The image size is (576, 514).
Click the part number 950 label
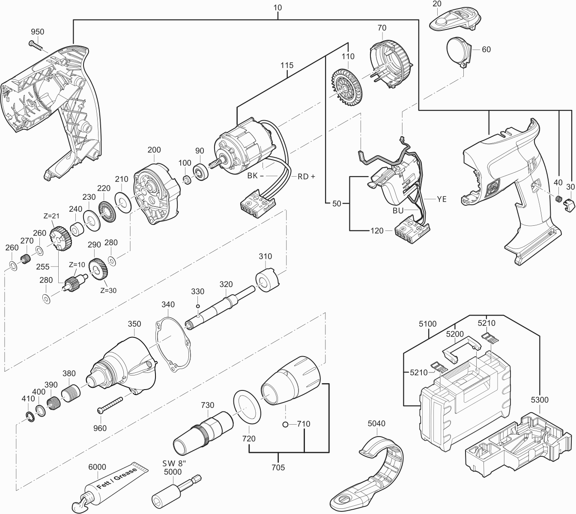pos(37,32)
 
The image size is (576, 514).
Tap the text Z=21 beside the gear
pos(53,216)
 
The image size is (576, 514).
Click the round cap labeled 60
pos(458,50)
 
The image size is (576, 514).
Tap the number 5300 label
pos(539,400)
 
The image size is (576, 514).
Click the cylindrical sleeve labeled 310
pos(267,280)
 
